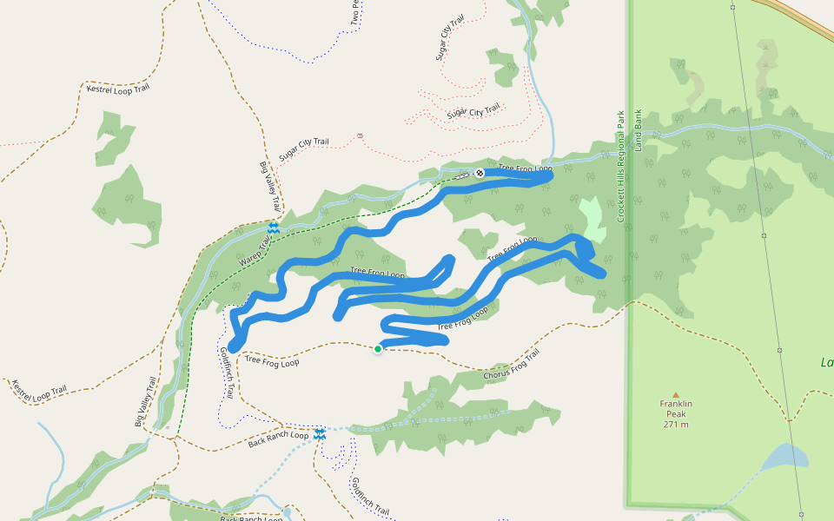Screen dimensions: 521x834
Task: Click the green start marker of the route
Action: (x=378, y=349)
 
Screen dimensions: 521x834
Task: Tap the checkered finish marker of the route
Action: (x=479, y=173)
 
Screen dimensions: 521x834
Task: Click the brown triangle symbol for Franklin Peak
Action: (x=675, y=394)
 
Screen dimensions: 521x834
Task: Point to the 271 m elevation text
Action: (x=675, y=424)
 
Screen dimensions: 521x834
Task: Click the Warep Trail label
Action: (x=255, y=247)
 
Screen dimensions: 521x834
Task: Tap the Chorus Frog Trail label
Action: (x=512, y=365)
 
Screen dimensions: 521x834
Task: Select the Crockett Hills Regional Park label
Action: (x=621, y=166)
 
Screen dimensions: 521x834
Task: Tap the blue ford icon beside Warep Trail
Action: (x=274, y=228)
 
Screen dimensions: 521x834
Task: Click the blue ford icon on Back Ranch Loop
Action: (x=321, y=433)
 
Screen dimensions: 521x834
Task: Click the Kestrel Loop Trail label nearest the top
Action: (x=117, y=89)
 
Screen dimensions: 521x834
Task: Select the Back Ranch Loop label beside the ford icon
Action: (x=278, y=439)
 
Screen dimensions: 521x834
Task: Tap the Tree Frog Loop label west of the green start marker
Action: (x=272, y=360)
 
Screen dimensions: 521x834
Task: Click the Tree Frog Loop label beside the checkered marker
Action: (x=526, y=168)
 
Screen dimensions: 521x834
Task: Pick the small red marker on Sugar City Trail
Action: (x=360, y=135)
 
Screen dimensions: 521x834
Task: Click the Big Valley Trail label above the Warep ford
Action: (x=270, y=187)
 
